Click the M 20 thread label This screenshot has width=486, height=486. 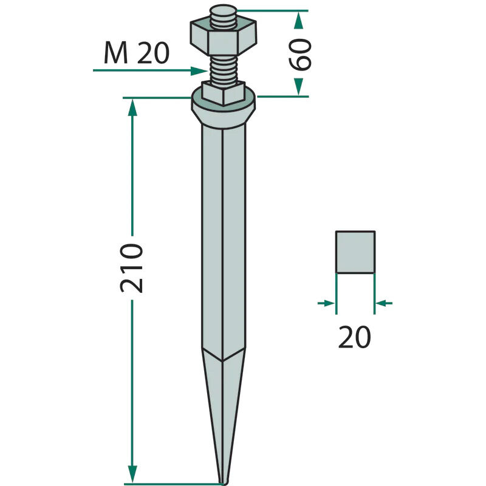click(x=136, y=55)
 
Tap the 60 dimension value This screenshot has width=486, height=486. click(x=302, y=54)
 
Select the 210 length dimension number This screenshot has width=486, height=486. click(x=131, y=268)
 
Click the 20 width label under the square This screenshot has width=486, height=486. click(x=354, y=337)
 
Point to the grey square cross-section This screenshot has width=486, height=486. click(x=355, y=252)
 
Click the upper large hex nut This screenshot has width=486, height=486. click(x=223, y=38)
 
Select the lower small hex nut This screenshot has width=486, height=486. click(x=223, y=95)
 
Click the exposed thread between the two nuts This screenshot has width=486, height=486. click(x=223, y=68)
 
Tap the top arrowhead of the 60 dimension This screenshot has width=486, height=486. click(x=298, y=19)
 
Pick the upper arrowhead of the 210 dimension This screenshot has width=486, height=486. click(x=132, y=107)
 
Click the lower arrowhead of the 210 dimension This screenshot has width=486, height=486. click(x=132, y=474)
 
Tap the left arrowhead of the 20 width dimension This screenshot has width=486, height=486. click(x=328, y=303)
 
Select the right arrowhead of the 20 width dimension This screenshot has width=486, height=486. click(x=382, y=303)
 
